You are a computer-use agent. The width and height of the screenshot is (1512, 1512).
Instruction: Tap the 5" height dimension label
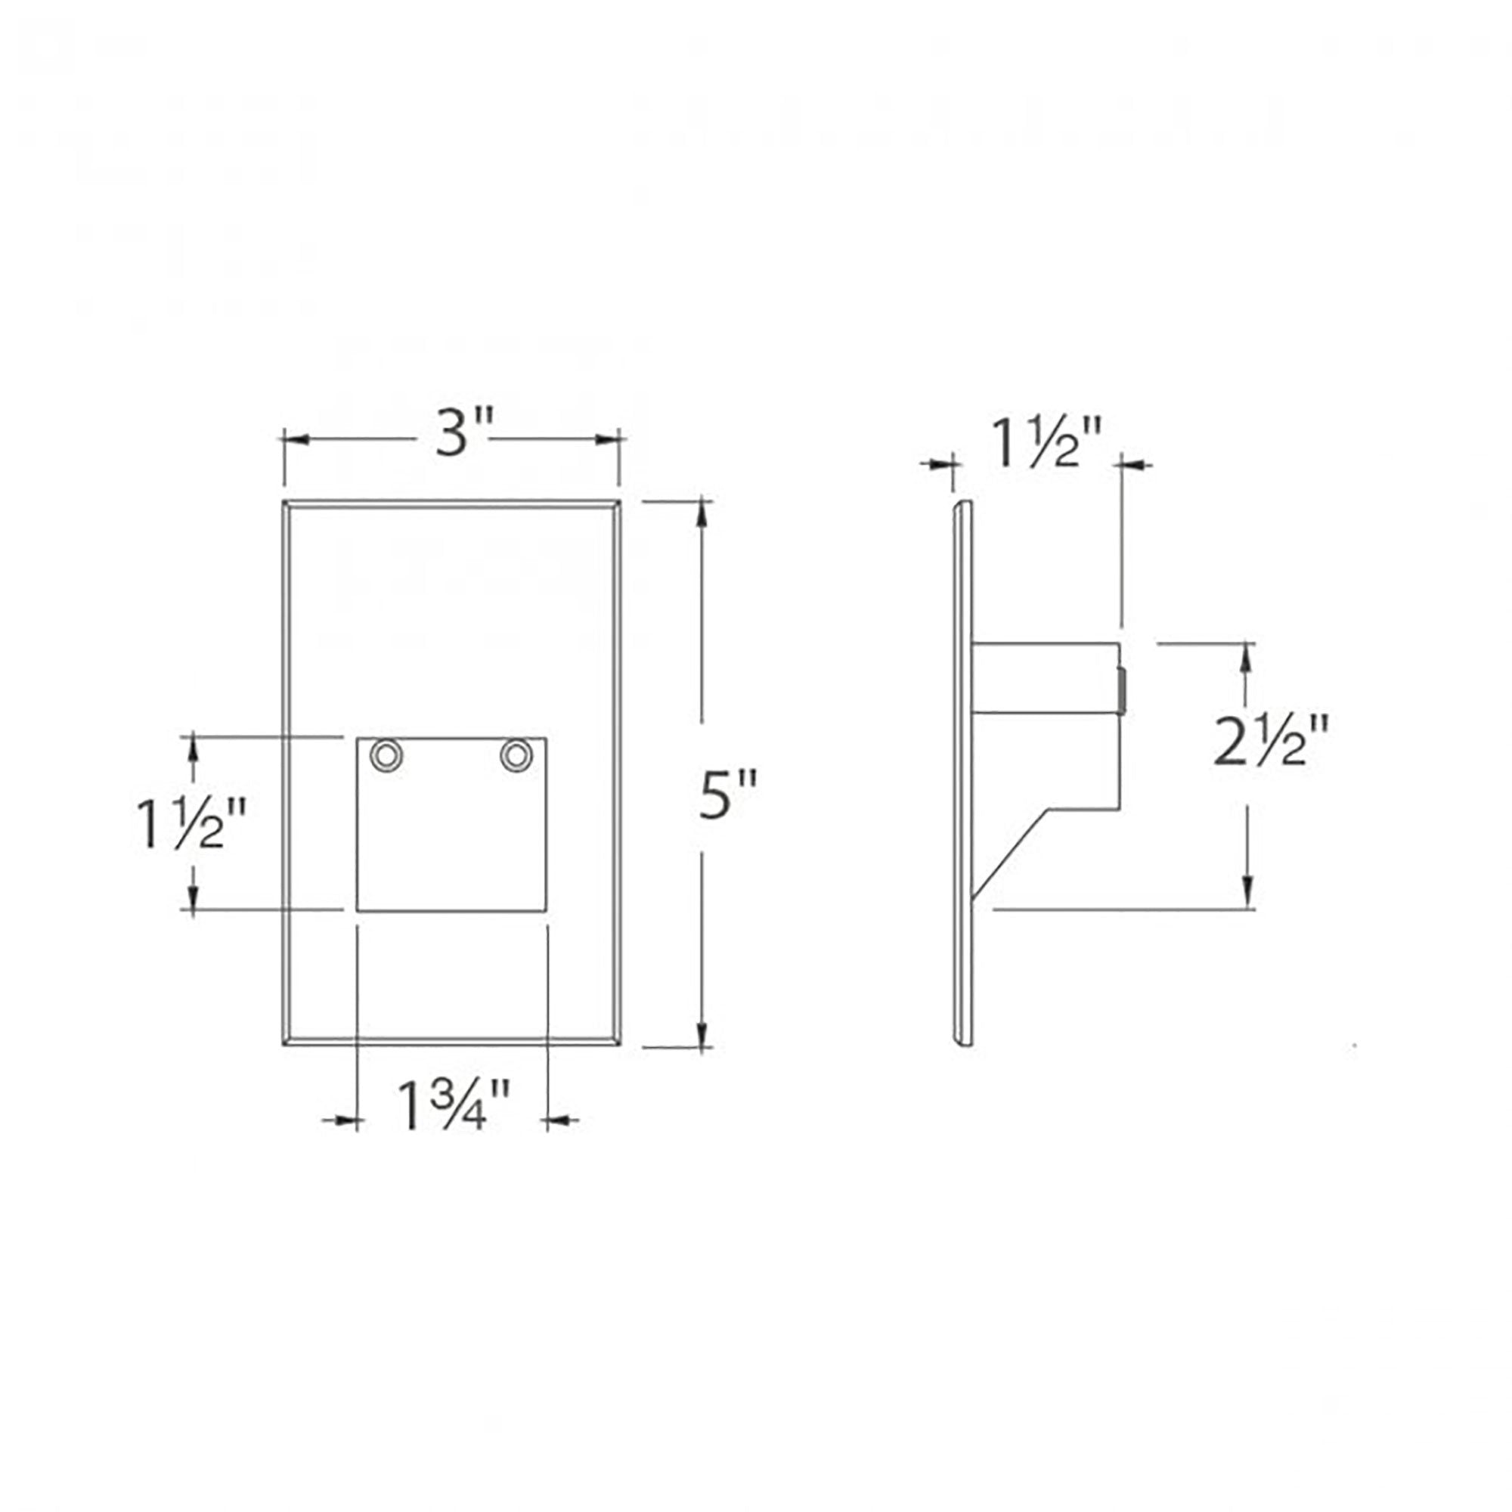(728, 795)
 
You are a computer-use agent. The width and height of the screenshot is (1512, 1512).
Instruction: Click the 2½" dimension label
(1271, 740)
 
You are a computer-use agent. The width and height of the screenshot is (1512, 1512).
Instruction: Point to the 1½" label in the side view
(1047, 443)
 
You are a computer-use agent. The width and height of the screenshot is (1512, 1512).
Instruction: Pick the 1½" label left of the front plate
(191, 823)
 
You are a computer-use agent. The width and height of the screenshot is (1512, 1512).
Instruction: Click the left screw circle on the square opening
(386, 756)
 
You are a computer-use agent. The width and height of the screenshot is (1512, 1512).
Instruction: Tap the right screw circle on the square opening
(516, 756)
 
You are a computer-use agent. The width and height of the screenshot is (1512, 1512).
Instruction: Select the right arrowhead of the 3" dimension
(607, 440)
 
